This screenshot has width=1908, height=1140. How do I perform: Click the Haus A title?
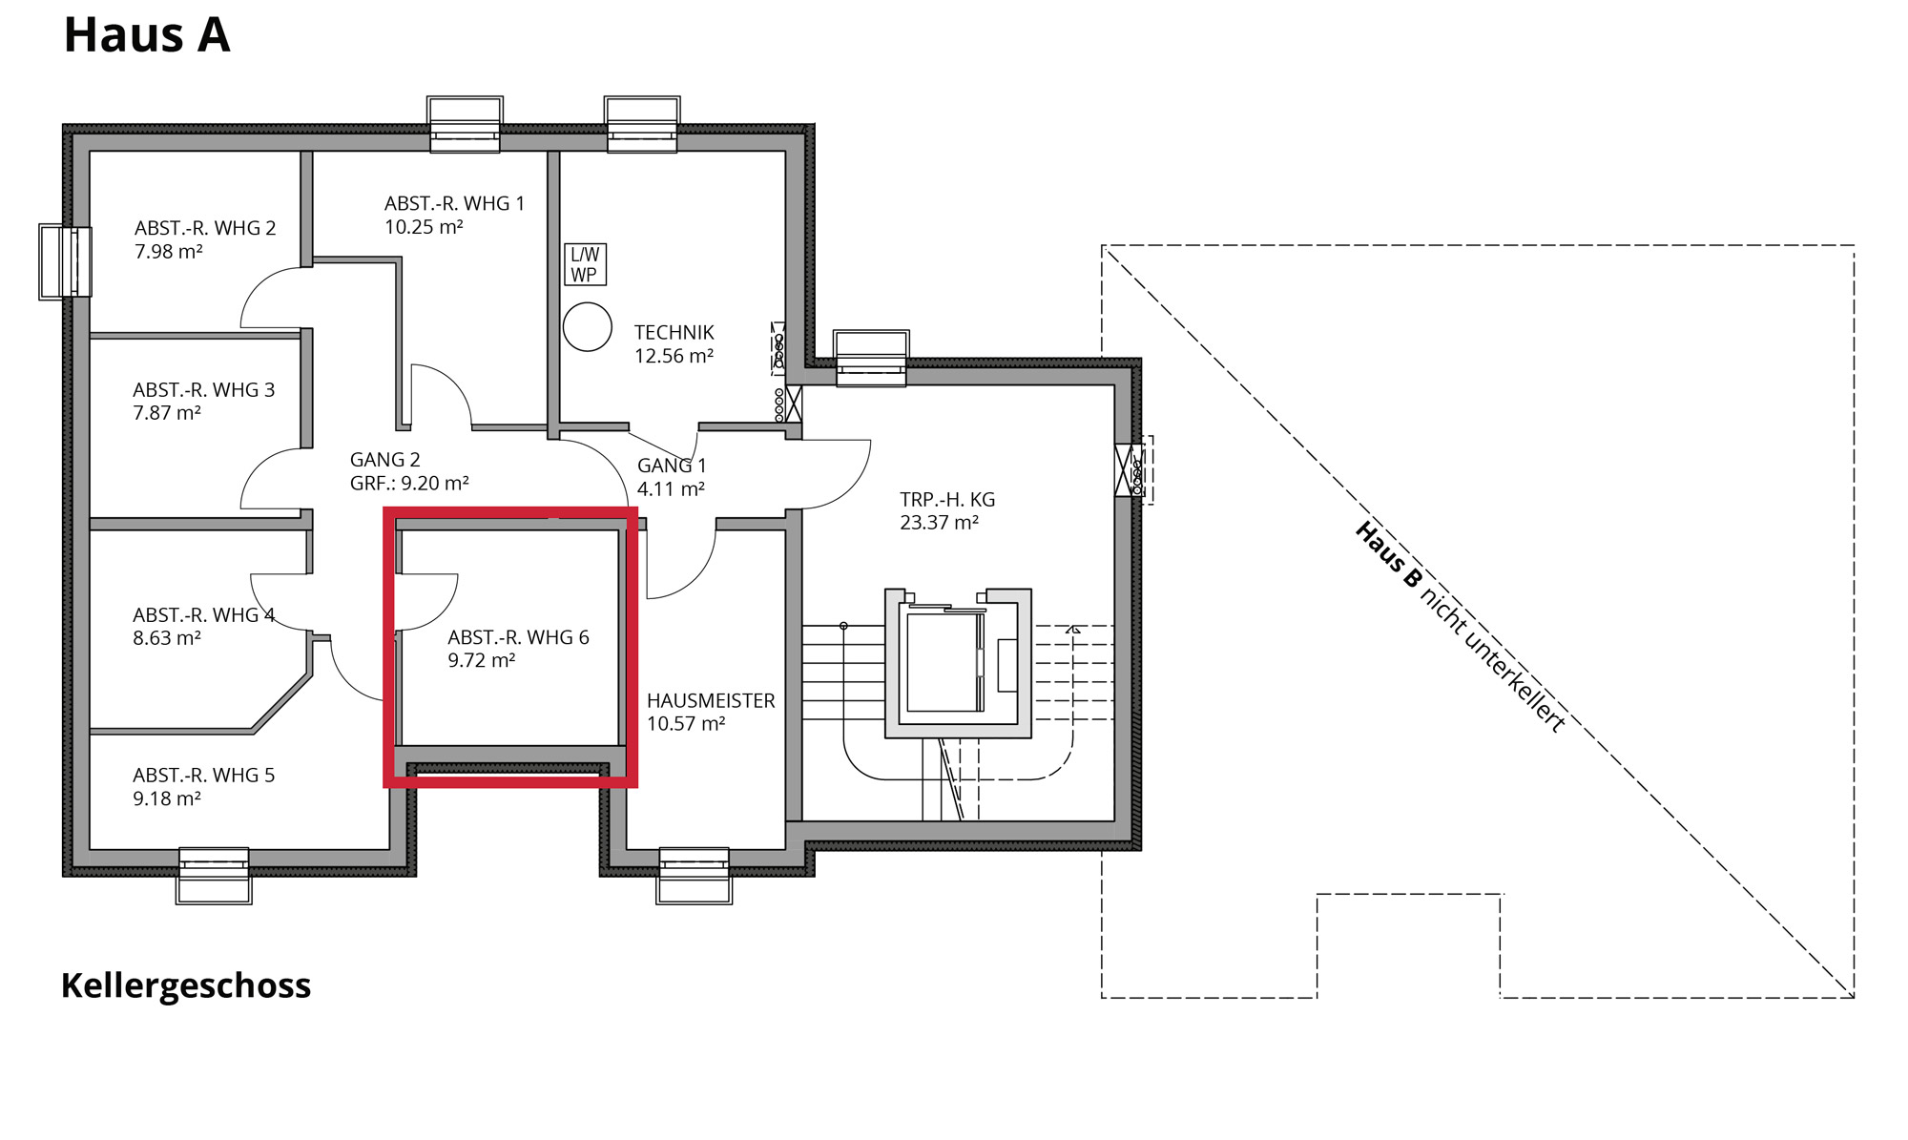[x=147, y=35]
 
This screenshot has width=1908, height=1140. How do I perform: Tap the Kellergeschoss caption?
[x=186, y=985]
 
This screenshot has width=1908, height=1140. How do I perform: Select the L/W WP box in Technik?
[x=585, y=264]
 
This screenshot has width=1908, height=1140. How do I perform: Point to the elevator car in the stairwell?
[x=944, y=662]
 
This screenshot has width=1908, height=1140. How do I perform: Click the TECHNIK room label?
[x=674, y=332]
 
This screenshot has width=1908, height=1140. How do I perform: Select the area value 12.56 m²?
[x=674, y=356]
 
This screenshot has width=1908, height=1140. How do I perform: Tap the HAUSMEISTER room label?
[x=711, y=700]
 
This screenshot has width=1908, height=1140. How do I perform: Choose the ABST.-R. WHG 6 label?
[x=519, y=637]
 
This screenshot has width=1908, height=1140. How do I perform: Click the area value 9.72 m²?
[x=482, y=660]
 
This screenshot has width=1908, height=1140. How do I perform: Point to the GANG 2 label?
[x=385, y=460]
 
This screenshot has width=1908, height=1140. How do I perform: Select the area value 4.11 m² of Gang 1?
[x=672, y=489]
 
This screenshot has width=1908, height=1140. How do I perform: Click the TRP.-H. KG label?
[x=947, y=499]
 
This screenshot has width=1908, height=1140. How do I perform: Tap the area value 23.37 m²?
[x=940, y=523]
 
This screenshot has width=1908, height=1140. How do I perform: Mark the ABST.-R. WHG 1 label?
[x=455, y=203]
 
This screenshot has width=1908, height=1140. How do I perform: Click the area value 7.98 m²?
[x=169, y=252]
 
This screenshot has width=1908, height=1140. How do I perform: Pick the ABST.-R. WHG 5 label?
[x=204, y=776]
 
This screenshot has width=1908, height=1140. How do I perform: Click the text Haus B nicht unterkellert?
[x=1461, y=627]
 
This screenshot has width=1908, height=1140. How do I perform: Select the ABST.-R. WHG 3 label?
[x=204, y=390]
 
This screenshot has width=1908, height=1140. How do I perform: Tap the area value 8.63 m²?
[x=167, y=638]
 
